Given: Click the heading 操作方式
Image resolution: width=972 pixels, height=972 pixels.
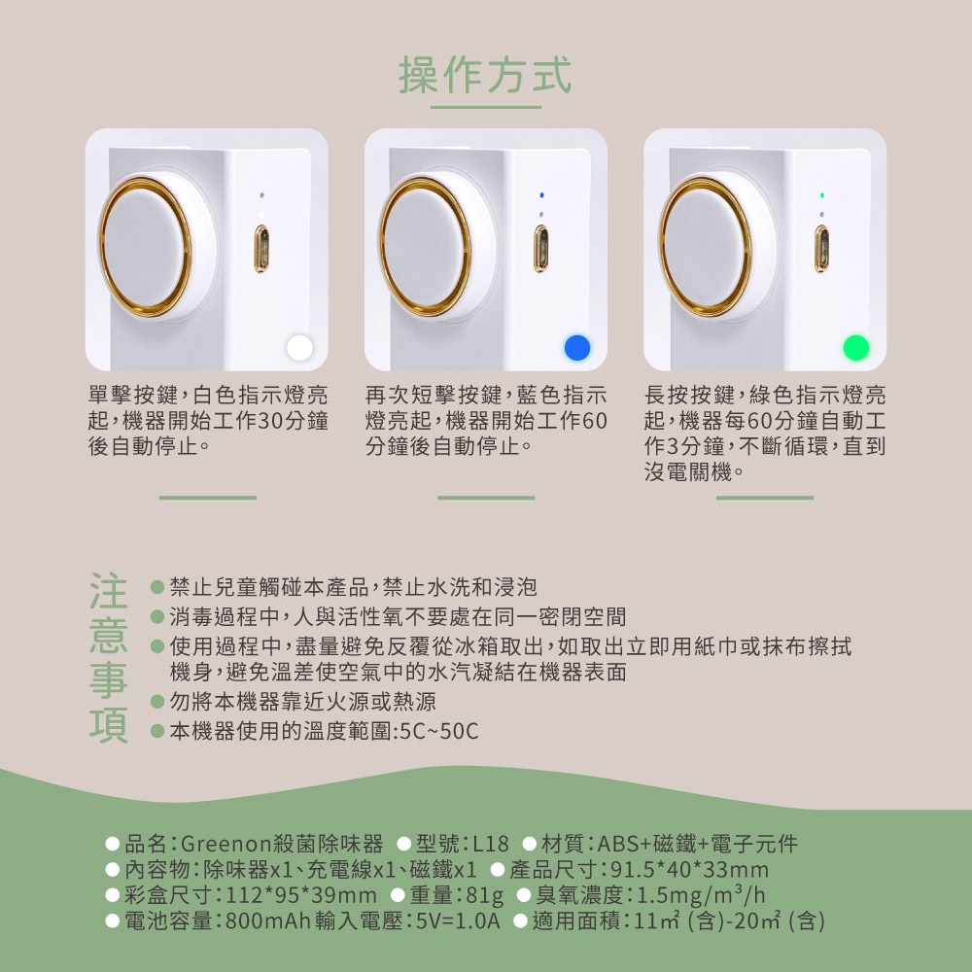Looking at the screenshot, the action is coord(485,75).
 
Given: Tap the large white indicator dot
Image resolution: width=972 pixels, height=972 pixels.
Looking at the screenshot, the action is coord(300,348).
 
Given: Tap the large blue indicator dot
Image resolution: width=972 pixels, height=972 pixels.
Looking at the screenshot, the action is coord(577,348).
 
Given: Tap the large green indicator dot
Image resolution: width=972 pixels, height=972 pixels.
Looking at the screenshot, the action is coord(856,348).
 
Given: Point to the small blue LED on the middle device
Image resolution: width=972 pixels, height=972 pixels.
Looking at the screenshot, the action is coord(541,195).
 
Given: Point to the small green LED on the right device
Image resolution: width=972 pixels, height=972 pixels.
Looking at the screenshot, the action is coord(822,195).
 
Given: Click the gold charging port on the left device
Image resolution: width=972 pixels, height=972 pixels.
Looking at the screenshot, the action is coord(261,249).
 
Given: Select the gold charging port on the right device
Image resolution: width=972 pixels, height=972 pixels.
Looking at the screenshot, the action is coord(821,249).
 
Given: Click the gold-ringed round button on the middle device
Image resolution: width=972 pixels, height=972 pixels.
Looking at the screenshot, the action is coord(425,246).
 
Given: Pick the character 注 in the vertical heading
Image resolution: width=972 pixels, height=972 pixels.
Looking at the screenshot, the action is coord(109,591).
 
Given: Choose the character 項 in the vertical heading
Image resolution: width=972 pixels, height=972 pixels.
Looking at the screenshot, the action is coord(109,725).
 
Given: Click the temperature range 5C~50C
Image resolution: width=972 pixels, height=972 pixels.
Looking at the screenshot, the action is coord(439,732).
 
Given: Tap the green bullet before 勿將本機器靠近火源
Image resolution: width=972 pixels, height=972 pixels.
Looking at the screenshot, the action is coord(157,702).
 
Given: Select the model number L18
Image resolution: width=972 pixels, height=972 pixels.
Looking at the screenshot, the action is coord(490,844).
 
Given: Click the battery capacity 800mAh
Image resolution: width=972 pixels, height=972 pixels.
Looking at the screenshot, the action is coord(267,921).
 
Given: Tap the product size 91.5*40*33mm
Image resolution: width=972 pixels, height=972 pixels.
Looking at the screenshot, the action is coord(689,870).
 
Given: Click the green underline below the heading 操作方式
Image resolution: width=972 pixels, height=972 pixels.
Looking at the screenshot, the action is coord(486,107).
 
